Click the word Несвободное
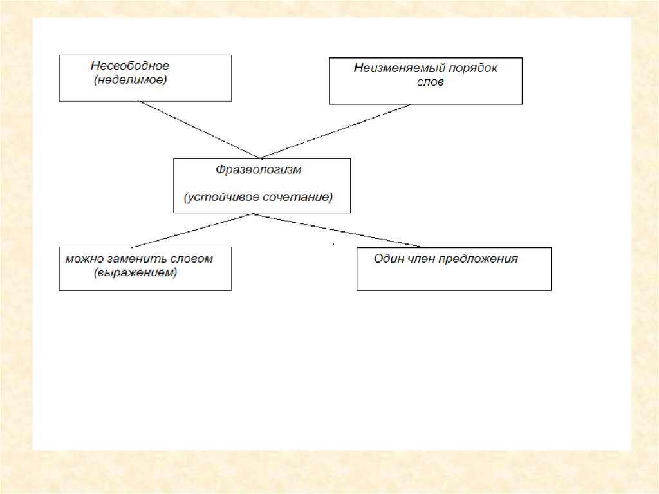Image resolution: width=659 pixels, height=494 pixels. [129, 66]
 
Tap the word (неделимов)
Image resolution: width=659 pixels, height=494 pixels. [130, 80]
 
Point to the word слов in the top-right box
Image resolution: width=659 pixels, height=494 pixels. [430, 82]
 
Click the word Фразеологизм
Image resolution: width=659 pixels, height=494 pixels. [258, 171]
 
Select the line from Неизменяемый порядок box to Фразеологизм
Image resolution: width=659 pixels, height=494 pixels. [335, 131]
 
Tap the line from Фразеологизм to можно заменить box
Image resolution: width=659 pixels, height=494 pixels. [193, 230]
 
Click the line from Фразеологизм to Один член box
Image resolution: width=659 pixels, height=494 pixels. [339, 230]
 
